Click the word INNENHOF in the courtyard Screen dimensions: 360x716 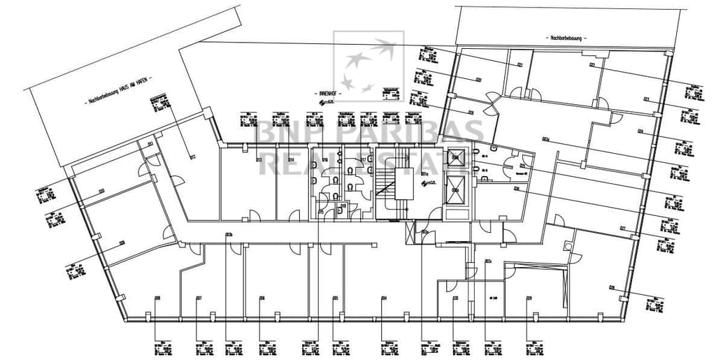point(329,93)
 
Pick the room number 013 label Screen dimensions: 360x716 point(259,160)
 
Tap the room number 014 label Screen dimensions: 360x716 point(290,160)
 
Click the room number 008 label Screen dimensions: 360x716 point(157,298)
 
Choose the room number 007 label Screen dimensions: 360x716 point(199,298)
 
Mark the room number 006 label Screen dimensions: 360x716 point(262,298)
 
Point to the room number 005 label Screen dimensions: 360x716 point(336,298)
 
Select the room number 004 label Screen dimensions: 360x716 point(384,298)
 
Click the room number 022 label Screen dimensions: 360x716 point(592,66)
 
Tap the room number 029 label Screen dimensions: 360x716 point(529,298)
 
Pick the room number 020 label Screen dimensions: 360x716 point(478,80)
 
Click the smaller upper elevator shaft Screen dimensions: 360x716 point(456,158)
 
